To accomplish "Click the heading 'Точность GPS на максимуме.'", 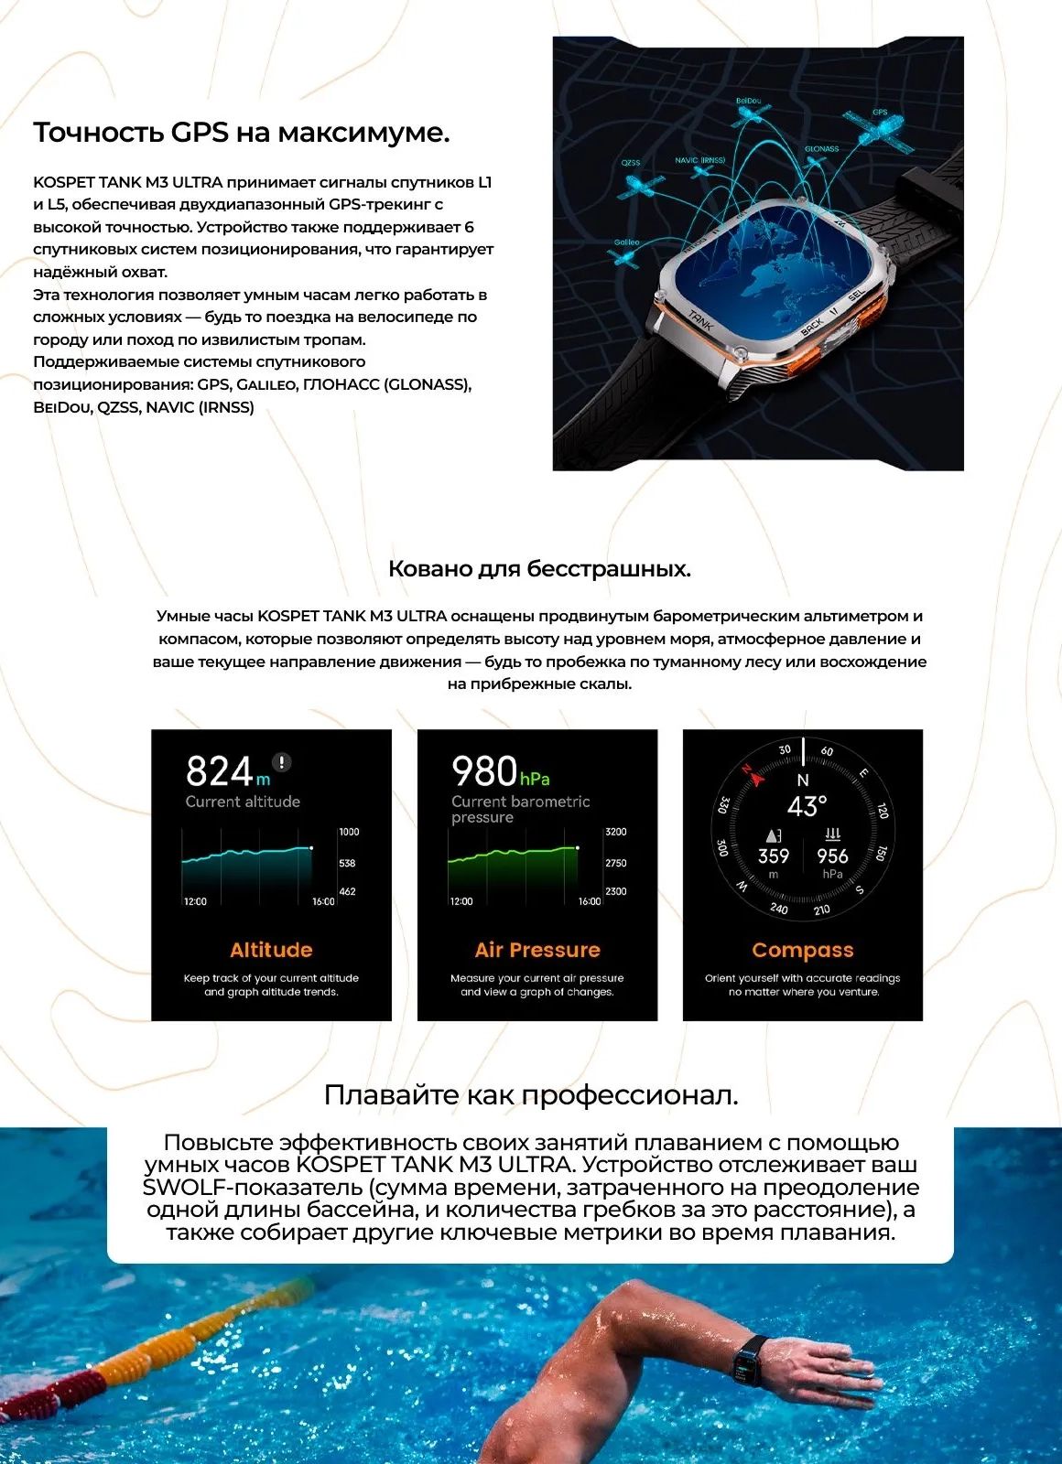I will click(242, 133).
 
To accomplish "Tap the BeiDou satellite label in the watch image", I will click(748, 101).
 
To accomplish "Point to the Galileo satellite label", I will click(626, 242).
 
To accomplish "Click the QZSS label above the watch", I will click(631, 163).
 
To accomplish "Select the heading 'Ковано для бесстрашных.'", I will click(539, 569).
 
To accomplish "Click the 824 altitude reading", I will click(220, 771).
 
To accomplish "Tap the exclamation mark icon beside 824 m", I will click(282, 761).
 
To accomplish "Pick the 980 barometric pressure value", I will click(485, 771).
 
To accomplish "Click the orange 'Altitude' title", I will click(271, 950).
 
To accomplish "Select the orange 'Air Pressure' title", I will click(537, 950).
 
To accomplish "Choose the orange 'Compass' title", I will click(803, 951).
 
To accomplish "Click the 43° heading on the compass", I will click(807, 806).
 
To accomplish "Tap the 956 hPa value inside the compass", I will click(832, 856).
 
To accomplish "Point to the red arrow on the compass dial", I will click(756, 777).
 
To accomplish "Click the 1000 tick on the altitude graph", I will click(349, 832).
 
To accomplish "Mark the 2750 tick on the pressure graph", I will click(615, 863).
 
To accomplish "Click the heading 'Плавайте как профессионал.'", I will click(531, 1095).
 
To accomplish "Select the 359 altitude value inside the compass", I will click(774, 856).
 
